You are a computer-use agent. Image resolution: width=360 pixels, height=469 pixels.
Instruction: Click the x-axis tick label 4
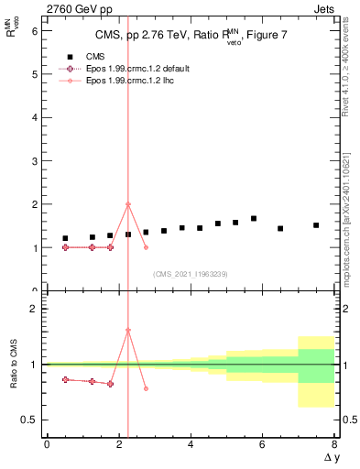click(190, 444)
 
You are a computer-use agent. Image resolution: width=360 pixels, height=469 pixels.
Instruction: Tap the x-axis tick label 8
click(333, 444)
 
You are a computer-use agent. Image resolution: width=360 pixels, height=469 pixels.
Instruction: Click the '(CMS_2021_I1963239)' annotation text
click(190, 274)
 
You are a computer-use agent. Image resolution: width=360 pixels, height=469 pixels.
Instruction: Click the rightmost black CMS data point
click(316, 225)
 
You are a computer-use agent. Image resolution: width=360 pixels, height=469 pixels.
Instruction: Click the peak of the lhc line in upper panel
click(128, 203)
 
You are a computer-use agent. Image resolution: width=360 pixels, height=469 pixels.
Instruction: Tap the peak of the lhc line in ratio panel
click(128, 330)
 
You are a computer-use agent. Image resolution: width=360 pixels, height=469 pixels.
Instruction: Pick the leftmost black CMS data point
click(65, 238)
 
